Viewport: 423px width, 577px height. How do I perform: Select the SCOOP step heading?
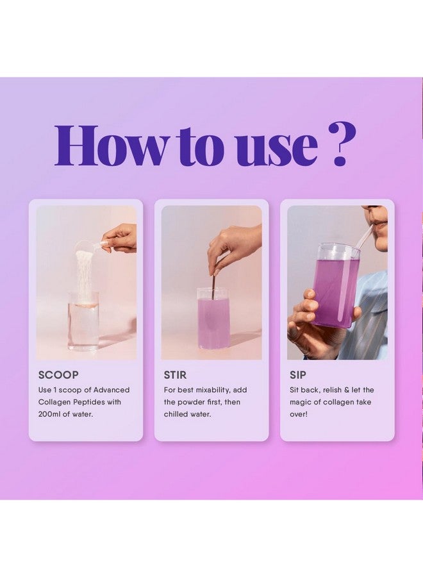(58, 375)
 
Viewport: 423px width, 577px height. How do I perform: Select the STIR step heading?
(175, 375)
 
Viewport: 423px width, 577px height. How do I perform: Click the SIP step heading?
(297, 375)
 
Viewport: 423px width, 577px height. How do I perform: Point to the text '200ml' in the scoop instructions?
(49, 414)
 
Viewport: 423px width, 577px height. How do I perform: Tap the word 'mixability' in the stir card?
(213, 390)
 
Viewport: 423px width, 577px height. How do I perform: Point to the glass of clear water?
(83, 321)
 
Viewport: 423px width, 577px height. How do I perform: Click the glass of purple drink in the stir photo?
(213, 319)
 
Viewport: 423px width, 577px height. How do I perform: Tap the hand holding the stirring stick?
(235, 244)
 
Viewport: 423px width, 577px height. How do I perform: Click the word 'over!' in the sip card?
(298, 414)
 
